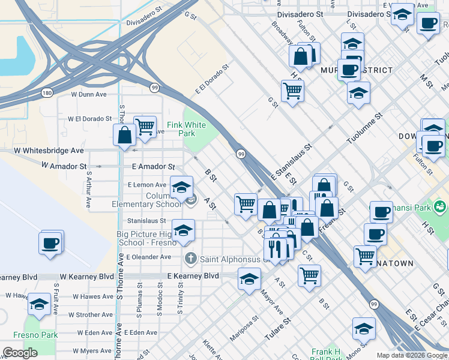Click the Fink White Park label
click(186, 129)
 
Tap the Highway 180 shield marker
click(47, 93)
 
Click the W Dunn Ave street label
click(88, 94)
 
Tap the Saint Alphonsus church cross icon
click(190, 259)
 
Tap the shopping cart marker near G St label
click(292, 91)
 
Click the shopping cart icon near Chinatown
click(364, 256)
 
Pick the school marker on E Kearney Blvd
click(250, 279)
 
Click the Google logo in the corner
click(20, 353)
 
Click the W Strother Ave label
click(90, 314)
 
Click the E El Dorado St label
click(212, 80)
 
